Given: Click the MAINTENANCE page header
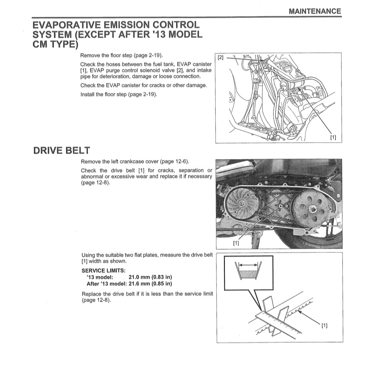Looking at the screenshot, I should pos(314,11).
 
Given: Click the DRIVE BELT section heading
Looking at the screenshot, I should pos(61,150).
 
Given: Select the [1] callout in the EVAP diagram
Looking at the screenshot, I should pos(333,137).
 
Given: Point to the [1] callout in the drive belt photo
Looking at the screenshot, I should pos(236,243).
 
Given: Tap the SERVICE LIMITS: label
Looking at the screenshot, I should pos(103,271).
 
